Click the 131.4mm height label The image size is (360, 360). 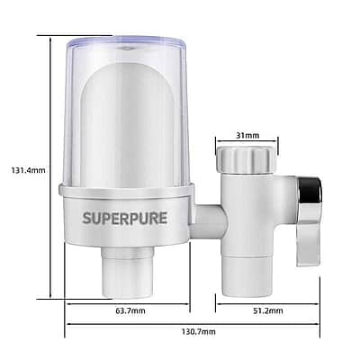(x=29, y=170)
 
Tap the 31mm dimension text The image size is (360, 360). (x=247, y=135)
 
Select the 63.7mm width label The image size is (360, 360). (x=130, y=310)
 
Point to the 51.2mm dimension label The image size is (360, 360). (x=268, y=310)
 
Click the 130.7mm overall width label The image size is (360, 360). (x=199, y=331)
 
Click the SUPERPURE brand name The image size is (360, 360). (x=125, y=218)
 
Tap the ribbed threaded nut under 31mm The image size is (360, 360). (x=247, y=160)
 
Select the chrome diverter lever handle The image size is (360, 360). (x=309, y=220)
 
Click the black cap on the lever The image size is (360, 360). (x=312, y=190)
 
